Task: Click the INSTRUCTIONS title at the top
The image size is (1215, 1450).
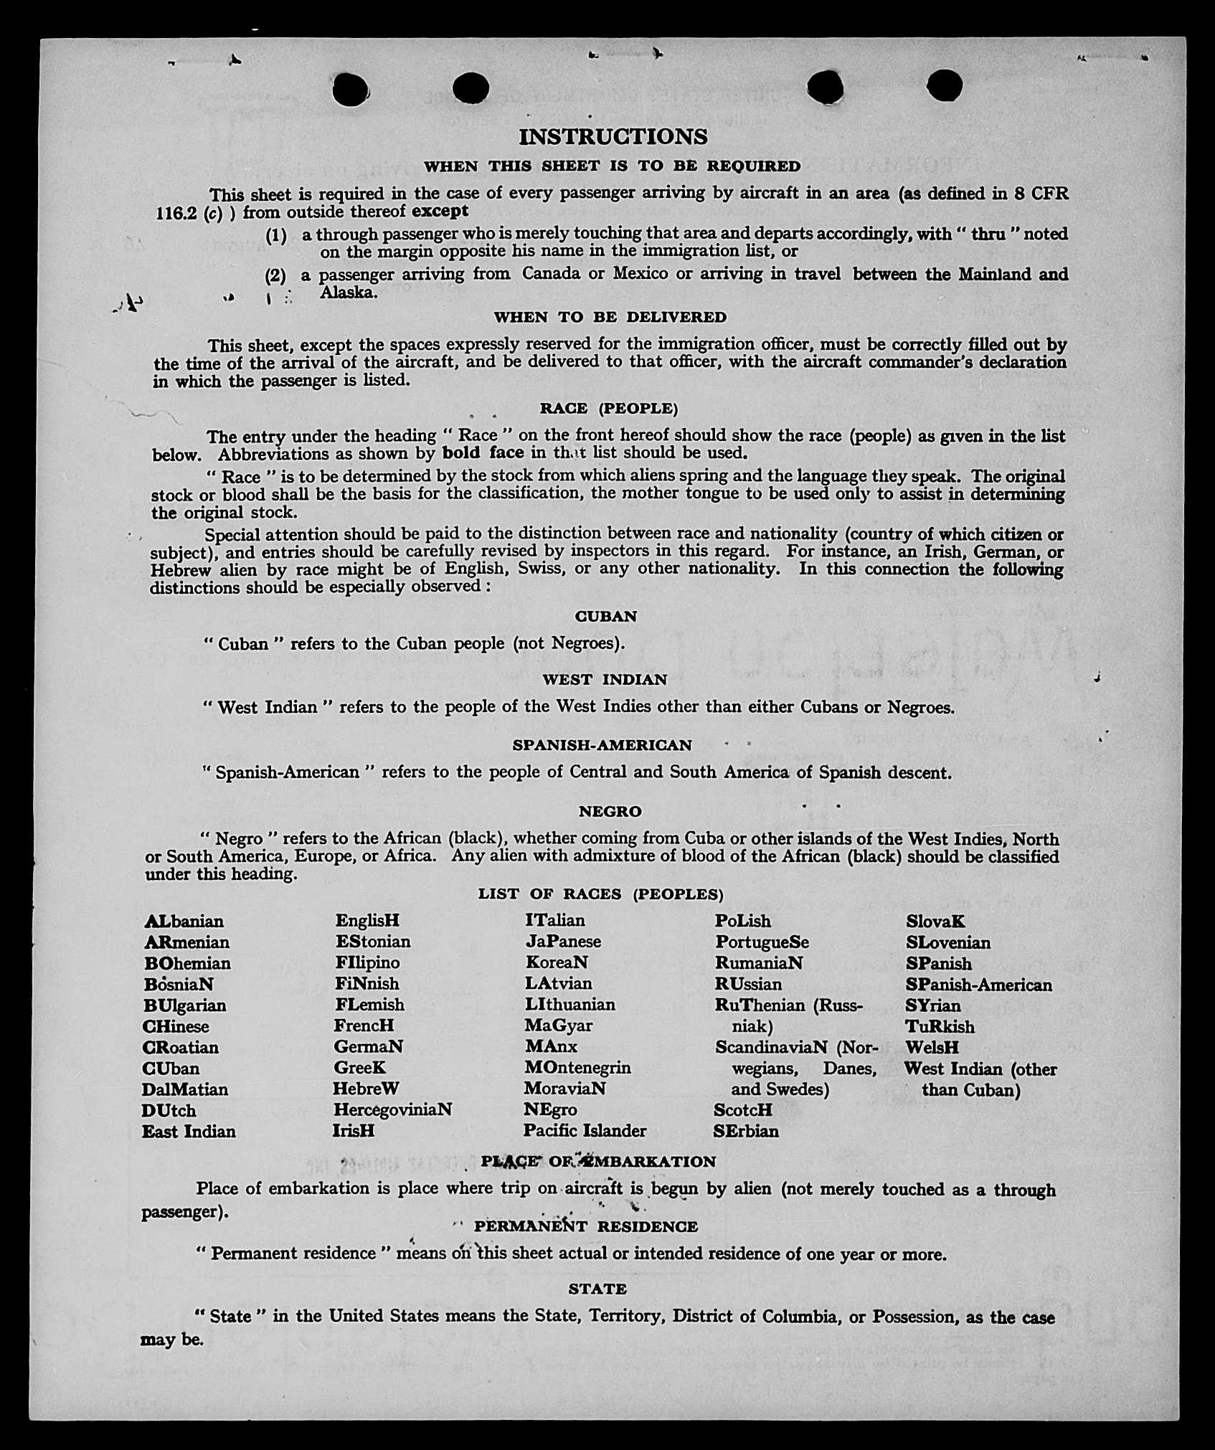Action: [613, 136]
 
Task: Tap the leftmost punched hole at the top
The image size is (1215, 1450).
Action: [351, 89]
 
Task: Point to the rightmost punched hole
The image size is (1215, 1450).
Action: [944, 86]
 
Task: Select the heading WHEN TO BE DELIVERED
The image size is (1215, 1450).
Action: [610, 317]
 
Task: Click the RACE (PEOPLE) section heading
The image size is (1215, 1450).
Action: [608, 409]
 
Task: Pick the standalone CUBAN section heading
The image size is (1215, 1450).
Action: [605, 617]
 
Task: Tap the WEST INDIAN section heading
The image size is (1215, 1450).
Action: [605, 680]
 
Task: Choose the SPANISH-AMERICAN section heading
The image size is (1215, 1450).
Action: [602, 745]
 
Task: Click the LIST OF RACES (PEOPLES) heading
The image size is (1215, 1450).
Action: [600, 894]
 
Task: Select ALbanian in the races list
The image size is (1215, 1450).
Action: [184, 921]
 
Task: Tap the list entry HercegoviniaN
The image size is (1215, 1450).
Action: [392, 1110]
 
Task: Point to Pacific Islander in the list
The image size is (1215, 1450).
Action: [585, 1131]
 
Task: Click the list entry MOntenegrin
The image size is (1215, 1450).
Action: [577, 1068]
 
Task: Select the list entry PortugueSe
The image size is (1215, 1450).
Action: [762, 942]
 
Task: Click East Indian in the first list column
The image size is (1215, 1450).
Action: [189, 1132]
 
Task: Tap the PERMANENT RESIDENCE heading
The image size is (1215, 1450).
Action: [585, 1227]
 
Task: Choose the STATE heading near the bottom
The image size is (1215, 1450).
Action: [597, 1289]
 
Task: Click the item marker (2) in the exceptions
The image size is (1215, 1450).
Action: [275, 275]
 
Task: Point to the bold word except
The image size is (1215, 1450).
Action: [440, 211]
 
